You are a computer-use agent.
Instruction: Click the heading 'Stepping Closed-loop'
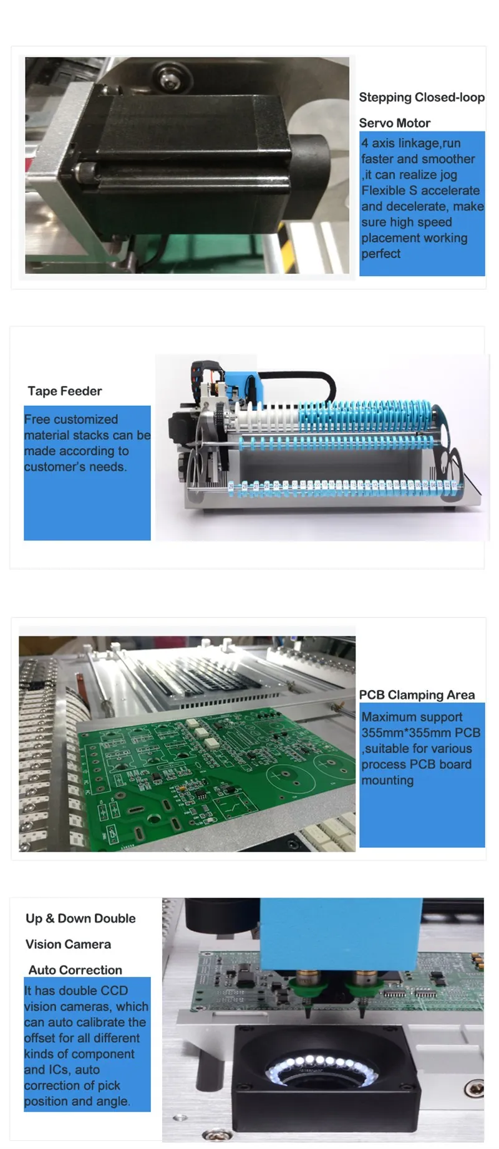click(422, 97)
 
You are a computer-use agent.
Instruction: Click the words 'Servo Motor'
click(394, 123)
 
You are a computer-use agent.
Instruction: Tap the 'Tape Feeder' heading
click(64, 391)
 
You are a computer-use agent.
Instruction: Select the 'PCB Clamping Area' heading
click(417, 695)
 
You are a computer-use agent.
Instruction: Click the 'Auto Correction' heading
click(75, 969)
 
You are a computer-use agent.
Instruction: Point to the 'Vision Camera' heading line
click(68, 944)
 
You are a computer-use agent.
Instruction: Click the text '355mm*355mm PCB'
click(420, 733)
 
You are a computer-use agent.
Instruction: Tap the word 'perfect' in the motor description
click(380, 254)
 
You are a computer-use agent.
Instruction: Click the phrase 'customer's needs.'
click(75, 466)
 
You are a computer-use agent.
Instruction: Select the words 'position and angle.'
click(77, 1101)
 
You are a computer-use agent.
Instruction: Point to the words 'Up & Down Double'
click(80, 918)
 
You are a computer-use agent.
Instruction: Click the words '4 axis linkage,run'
click(410, 143)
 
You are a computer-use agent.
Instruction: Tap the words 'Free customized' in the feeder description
click(70, 419)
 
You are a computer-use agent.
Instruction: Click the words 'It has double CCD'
click(75, 991)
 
